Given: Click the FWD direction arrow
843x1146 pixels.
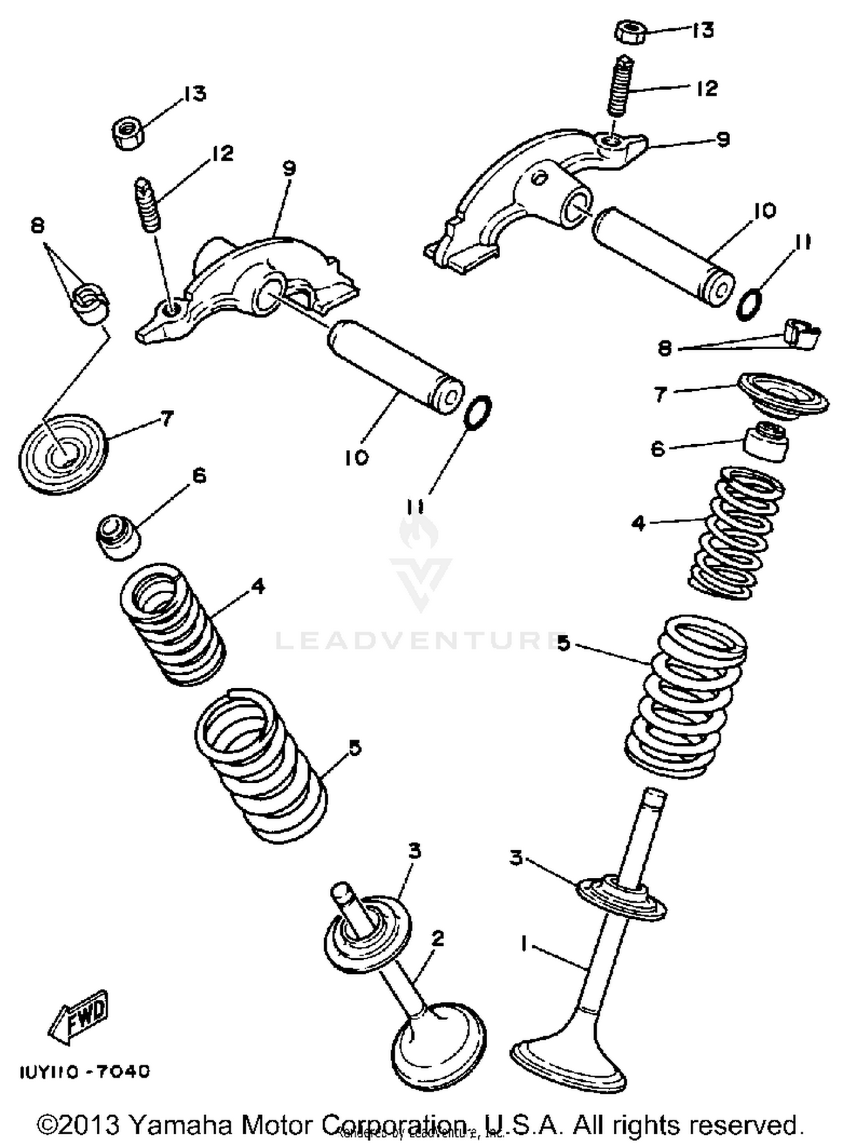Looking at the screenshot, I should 79,1017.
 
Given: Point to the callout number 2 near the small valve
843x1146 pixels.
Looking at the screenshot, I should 438,938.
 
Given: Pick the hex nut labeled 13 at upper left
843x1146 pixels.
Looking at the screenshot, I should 128,133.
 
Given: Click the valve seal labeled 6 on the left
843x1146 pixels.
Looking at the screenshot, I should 117,536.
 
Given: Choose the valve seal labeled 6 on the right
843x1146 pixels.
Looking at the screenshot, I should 766,442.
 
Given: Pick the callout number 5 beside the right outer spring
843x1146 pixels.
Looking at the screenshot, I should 564,643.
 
